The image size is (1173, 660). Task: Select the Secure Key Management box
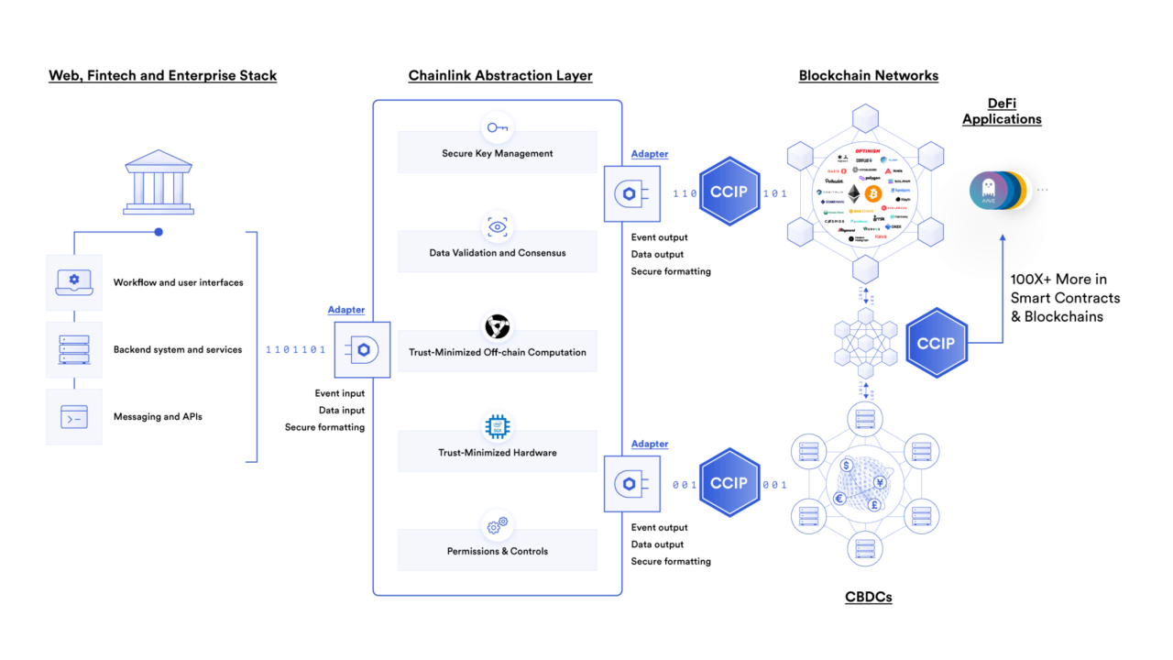(497, 153)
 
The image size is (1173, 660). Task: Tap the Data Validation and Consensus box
(497, 252)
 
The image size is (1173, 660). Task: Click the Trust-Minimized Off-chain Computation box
(497, 352)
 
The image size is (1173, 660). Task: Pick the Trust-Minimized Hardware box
(497, 452)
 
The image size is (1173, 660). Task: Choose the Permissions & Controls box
(497, 551)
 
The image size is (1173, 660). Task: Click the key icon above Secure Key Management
(498, 127)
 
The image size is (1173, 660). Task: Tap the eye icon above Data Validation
(498, 226)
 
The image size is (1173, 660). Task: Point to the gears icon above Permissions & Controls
(498, 525)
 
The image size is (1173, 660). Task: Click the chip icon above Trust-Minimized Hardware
(498, 426)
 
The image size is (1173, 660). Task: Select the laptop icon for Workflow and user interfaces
(74, 282)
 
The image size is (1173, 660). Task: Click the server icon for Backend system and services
(74, 349)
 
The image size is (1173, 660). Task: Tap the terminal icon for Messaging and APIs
(74, 416)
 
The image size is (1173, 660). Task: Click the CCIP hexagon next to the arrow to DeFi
(936, 344)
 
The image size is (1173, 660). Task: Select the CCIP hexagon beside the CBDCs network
(729, 483)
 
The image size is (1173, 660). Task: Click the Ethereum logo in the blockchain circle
(853, 194)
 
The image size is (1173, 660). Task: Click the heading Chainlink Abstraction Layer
(500, 76)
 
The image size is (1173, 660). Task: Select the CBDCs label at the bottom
(867, 597)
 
